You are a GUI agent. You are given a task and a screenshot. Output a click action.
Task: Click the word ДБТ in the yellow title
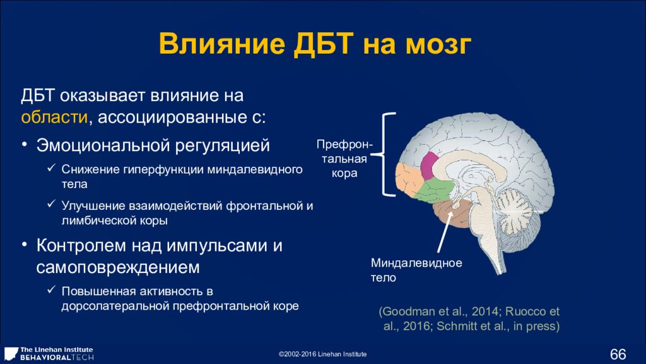pyautogui.click(x=324, y=44)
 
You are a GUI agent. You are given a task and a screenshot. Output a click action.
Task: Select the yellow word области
pyautogui.click(x=54, y=117)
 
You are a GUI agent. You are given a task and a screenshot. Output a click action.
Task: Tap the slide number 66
pyautogui.click(x=618, y=354)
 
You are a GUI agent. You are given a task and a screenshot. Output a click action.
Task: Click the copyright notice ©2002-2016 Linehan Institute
pyautogui.click(x=322, y=354)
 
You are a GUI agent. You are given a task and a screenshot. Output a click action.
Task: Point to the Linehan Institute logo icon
pyautogui.click(x=10, y=354)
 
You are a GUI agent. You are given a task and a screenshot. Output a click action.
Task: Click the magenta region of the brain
pyautogui.click(x=429, y=166)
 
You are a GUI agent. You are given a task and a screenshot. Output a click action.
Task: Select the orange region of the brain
pyautogui.click(x=408, y=179)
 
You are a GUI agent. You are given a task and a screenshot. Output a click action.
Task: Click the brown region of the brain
pyautogui.click(x=452, y=212)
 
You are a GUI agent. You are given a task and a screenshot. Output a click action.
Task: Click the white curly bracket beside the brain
pyautogui.click(x=386, y=154)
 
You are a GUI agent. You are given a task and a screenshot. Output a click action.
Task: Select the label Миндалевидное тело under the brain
pyautogui.click(x=416, y=270)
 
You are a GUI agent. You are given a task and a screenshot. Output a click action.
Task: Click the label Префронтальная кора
pyautogui.click(x=344, y=159)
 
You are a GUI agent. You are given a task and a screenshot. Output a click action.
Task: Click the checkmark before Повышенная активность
pyautogui.click(x=51, y=289)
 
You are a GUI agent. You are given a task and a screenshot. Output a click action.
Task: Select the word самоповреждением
pyautogui.click(x=118, y=267)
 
